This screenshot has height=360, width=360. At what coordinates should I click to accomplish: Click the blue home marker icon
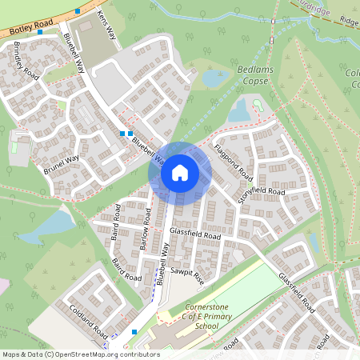(180, 172)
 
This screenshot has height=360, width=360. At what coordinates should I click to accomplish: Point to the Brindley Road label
(26, 60)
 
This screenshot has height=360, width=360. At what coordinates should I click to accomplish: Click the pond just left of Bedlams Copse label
(214, 78)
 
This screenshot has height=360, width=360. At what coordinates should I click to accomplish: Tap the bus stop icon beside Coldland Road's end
(134, 331)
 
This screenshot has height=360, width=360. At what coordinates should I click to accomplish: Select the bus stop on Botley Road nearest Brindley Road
(40, 33)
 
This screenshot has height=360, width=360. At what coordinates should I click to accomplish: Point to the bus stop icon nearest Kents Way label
(77, 11)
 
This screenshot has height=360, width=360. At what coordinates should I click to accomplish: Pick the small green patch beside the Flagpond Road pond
(258, 105)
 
